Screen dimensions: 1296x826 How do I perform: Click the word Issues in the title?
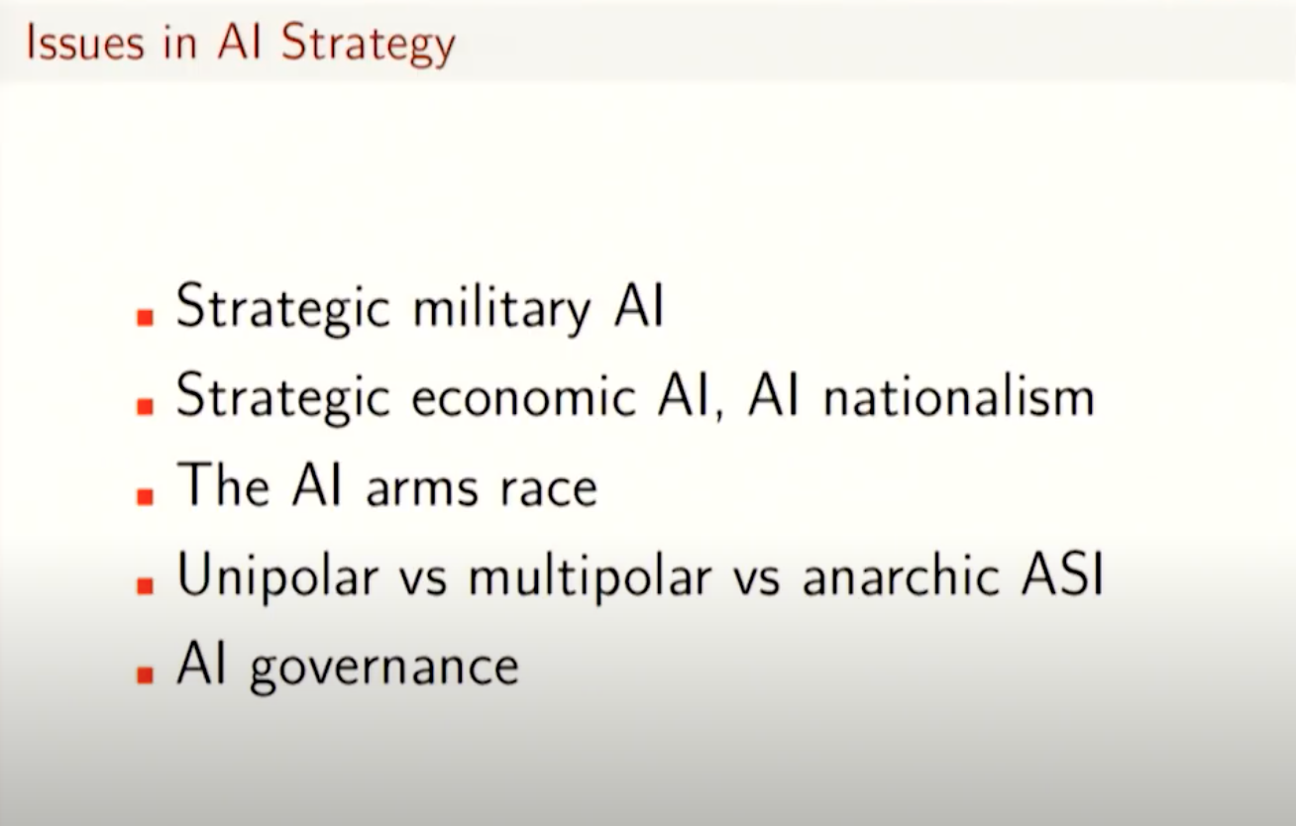(85, 43)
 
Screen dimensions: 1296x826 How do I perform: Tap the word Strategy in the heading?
(369, 46)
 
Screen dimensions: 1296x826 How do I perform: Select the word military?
(501, 309)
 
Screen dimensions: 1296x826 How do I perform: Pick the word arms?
(422, 489)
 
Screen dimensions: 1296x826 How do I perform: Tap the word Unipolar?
(277, 576)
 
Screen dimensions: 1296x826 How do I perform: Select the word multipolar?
(590, 576)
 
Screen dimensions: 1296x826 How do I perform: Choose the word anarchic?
(902, 575)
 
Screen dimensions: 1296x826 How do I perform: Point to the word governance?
(384, 669)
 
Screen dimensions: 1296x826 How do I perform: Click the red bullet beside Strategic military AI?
(145, 318)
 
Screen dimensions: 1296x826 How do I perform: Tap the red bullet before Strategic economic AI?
(145, 407)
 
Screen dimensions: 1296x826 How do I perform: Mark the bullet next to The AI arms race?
(145, 496)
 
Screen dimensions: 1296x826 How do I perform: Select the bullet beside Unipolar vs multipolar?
(145, 585)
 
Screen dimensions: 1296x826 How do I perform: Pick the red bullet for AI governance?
(145, 675)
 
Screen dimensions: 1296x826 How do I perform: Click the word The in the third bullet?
(223, 484)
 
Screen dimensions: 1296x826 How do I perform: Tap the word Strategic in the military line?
(283, 308)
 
